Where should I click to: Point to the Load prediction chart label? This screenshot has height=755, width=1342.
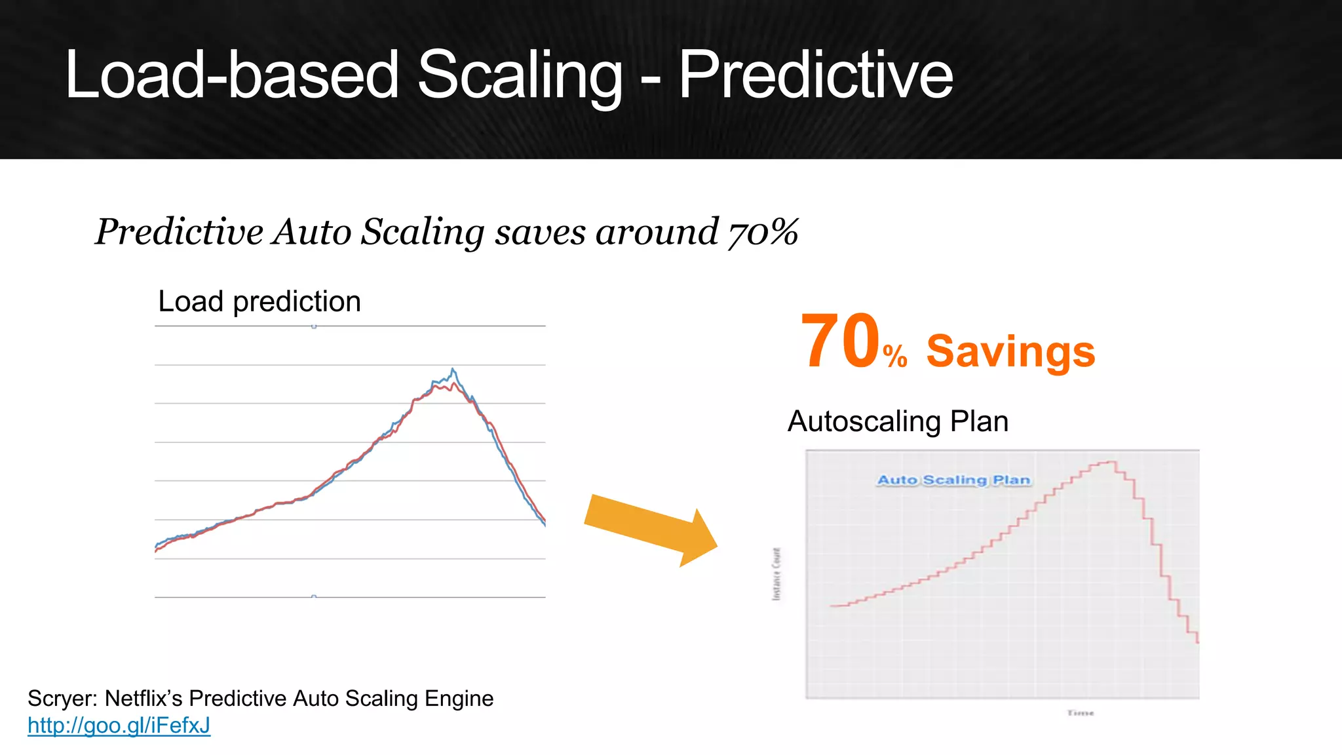click(259, 301)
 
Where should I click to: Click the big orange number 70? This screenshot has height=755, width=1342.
click(839, 342)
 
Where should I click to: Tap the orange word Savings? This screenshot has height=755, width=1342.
click(1010, 351)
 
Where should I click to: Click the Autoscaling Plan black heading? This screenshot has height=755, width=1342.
click(898, 421)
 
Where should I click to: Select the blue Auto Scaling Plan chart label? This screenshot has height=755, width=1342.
click(953, 480)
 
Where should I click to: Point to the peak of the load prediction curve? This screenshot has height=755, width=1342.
click(453, 370)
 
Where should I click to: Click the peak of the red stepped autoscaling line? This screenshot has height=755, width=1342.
click(1107, 462)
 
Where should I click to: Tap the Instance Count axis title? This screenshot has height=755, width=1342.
click(776, 574)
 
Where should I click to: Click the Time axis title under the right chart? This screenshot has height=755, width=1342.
click(1080, 713)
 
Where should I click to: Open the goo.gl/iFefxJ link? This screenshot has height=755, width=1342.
click(119, 726)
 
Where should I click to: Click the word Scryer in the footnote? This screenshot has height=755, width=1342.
click(64, 699)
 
